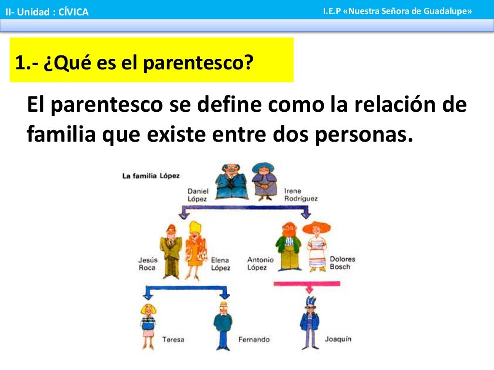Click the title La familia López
click(151, 176)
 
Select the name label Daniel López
click(198, 195)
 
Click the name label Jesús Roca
click(147, 264)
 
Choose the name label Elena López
click(220, 264)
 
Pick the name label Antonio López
click(260, 264)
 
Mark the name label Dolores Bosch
click(342, 263)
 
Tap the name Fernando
click(254, 339)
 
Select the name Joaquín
click(338, 339)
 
